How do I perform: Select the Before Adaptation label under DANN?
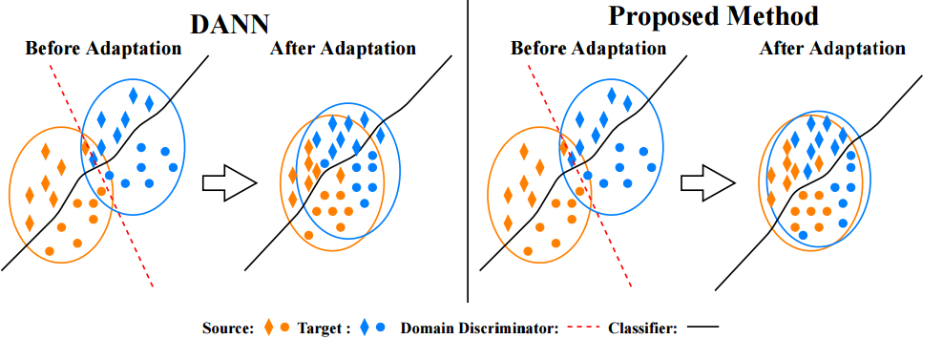[x=103, y=49]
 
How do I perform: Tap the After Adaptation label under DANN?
[x=343, y=49]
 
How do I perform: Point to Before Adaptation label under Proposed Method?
[x=590, y=49]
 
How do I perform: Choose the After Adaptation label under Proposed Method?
[x=832, y=49]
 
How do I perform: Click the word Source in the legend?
[x=227, y=328]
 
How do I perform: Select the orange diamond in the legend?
[x=269, y=328]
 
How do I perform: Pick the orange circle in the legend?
[x=284, y=328]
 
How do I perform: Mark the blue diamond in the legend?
[x=366, y=328]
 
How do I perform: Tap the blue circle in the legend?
[x=381, y=328]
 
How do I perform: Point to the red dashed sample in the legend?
[x=584, y=328]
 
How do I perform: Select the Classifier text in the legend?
[x=642, y=328]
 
